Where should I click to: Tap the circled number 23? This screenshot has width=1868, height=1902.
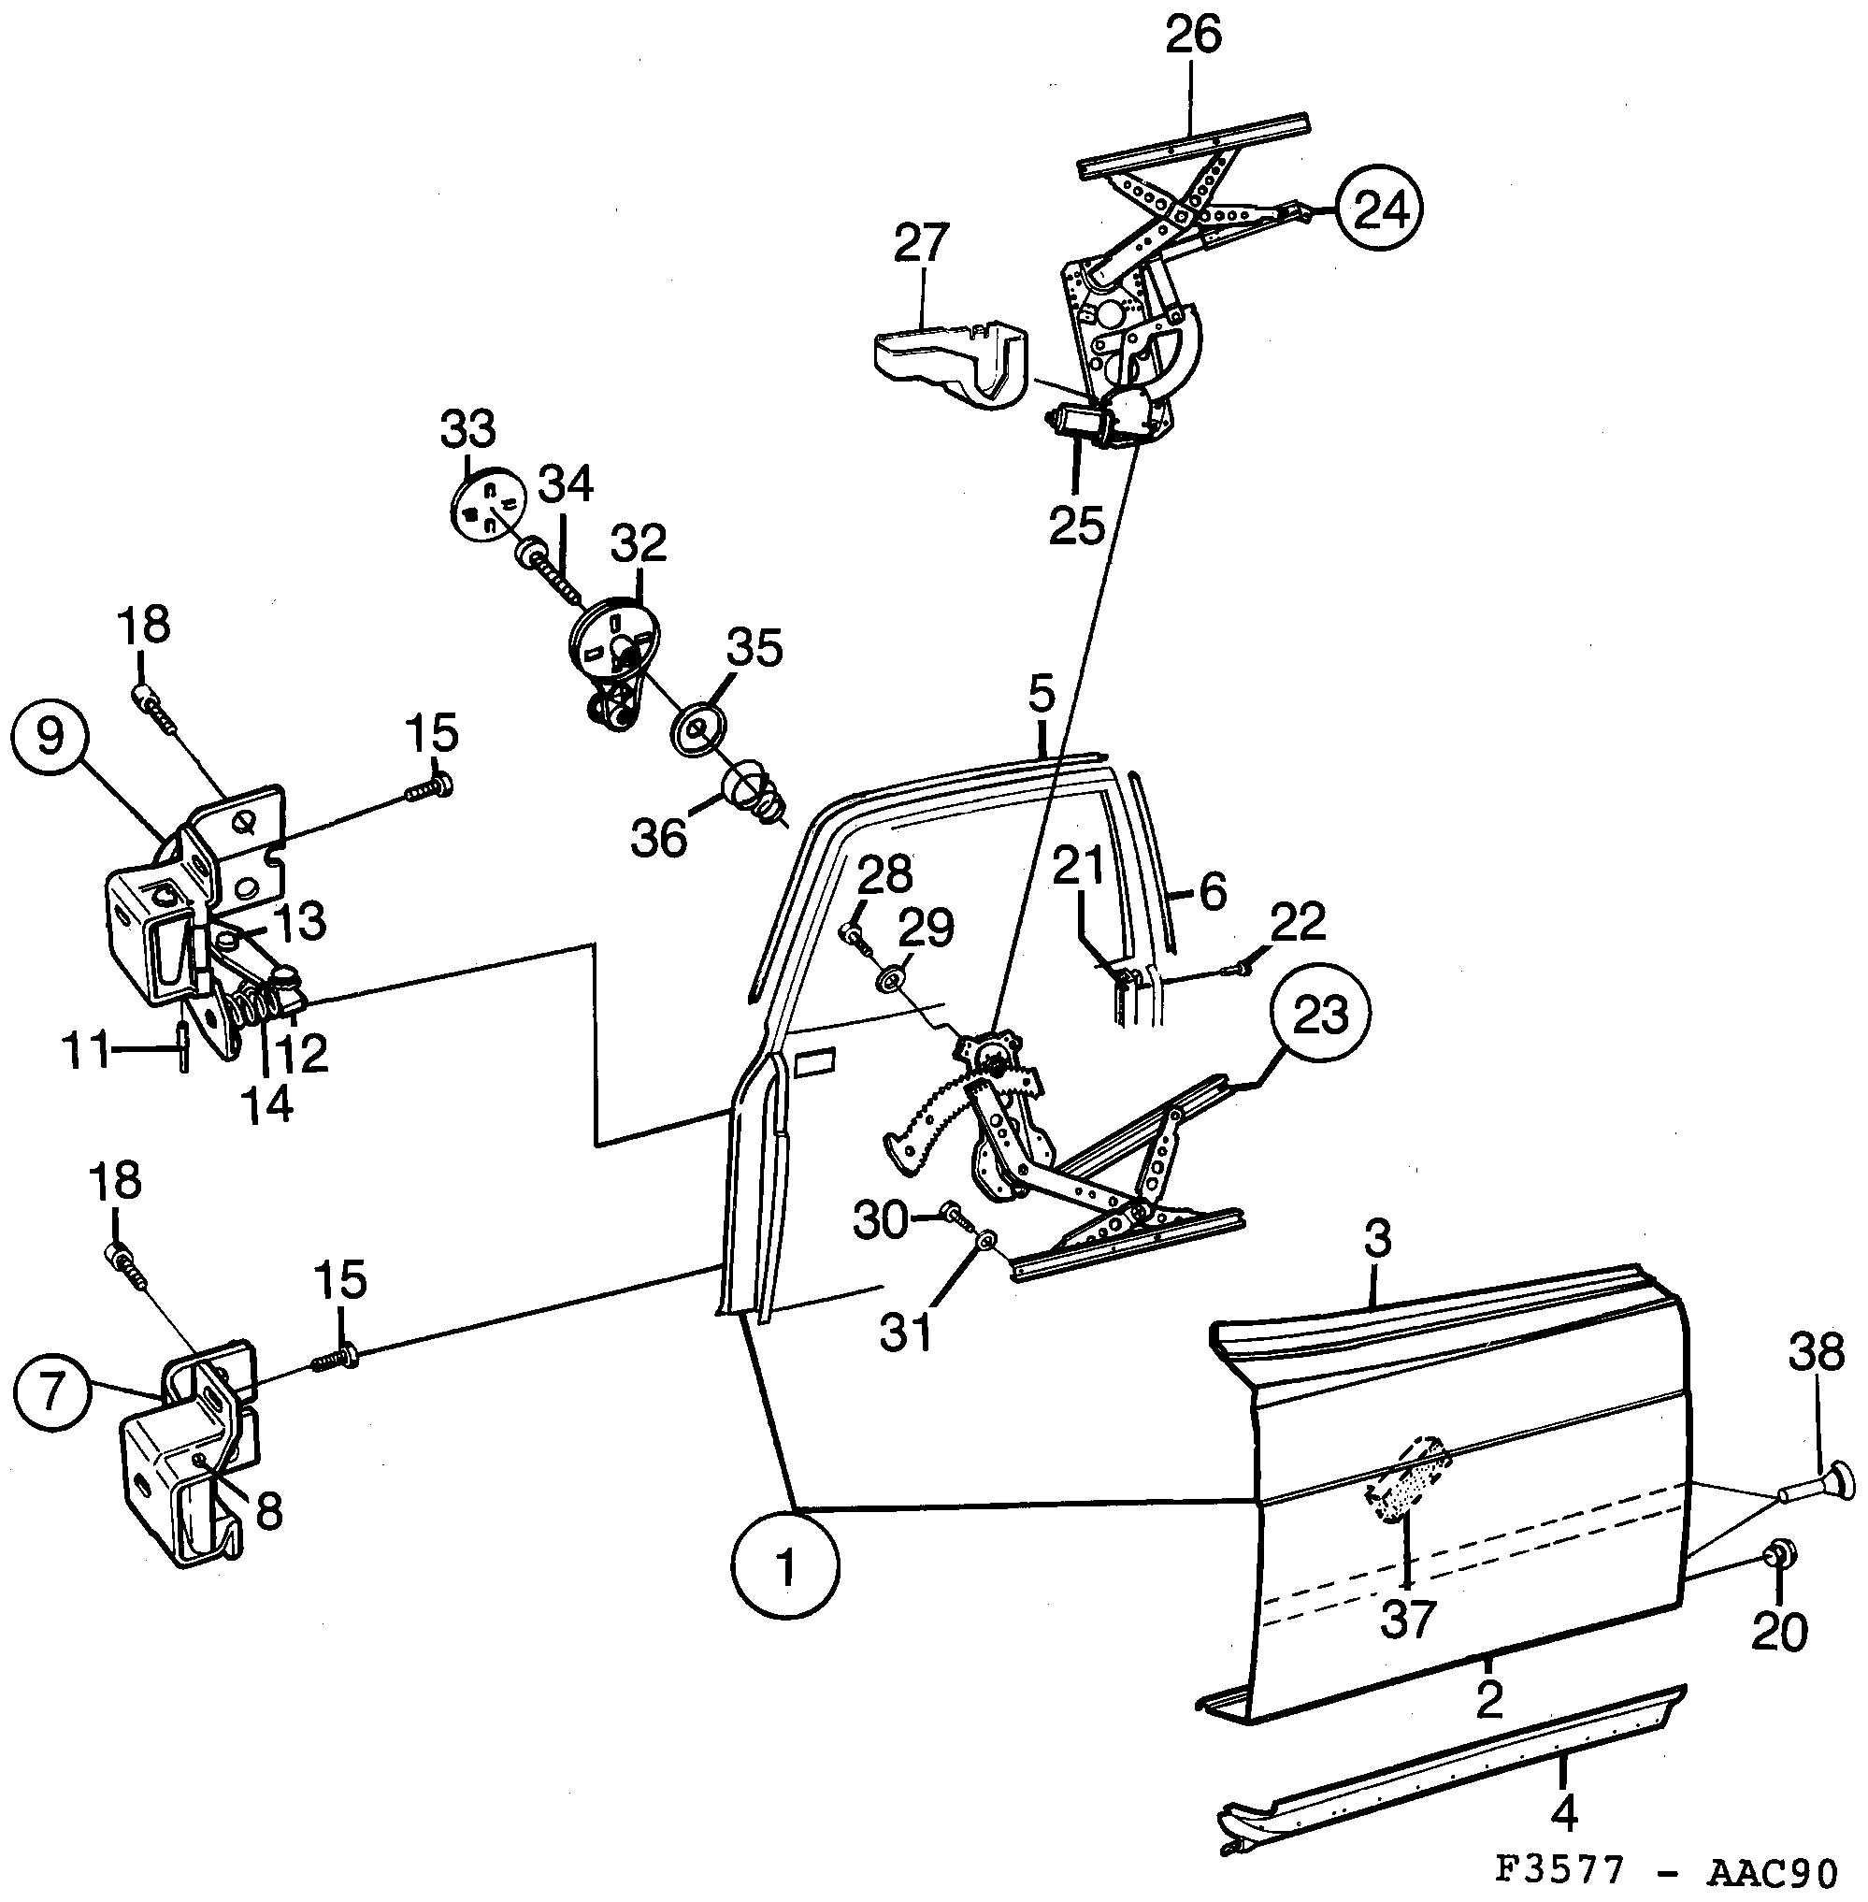pos(1319,1016)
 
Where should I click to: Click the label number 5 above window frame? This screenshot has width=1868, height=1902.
pos(1041,694)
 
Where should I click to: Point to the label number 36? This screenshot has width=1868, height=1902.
pos(658,838)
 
